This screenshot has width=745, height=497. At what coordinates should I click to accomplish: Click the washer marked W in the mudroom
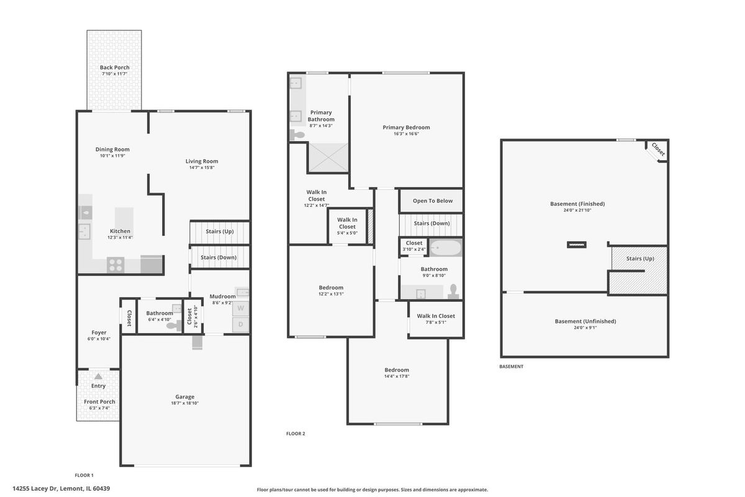click(x=240, y=308)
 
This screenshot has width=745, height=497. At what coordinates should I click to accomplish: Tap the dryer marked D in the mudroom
click(x=240, y=324)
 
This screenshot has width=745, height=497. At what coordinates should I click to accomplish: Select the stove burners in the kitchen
click(x=115, y=265)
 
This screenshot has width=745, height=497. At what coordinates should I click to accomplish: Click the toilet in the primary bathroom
click(x=297, y=135)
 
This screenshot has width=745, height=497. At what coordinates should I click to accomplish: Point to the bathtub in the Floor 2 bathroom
click(x=446, y=248)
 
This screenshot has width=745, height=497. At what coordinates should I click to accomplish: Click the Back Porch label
click(x=114, y=67)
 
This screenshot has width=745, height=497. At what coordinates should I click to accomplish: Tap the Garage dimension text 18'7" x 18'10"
click(x=184, y=403)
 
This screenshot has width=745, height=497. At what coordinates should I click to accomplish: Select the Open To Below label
click(x=433, y=201)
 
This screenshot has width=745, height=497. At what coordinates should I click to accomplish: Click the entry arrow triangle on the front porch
click(x=98, y=376)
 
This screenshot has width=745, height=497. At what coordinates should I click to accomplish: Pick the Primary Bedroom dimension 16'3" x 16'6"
click(x=406, y=134)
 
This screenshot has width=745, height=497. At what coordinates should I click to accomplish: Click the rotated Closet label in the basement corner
click(x=658, y=149)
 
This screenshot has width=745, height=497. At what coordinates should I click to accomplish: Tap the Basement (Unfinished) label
click(x=585, y=321)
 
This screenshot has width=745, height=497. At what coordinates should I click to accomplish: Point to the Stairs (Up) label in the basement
click(x=640, y=258)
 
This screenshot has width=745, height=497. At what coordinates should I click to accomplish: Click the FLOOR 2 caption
click(x=296, y=434)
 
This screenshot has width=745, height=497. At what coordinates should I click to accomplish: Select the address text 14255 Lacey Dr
click(x=35, y=488)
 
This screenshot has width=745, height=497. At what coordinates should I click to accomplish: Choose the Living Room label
click(x=202, y=161)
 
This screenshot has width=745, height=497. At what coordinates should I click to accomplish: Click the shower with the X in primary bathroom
click(x=328, y=157)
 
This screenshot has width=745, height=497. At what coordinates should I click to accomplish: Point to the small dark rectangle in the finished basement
click(x=577, y=245)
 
